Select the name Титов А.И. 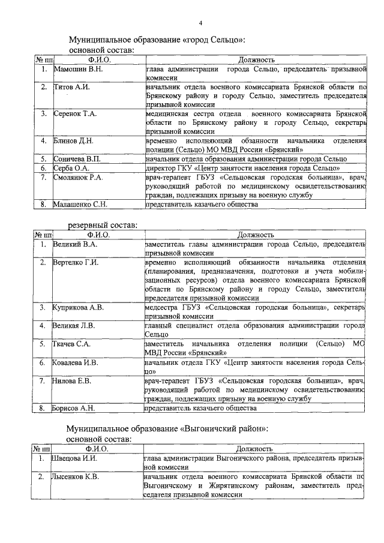pos(71,88)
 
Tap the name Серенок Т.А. pos(75,113)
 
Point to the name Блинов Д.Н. pos(73,141)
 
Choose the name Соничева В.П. pos(77,159)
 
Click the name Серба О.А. pos(71,169)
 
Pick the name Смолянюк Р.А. pos(78,178)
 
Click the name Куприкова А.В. pos(79,307)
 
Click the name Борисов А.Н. pos(74,408)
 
